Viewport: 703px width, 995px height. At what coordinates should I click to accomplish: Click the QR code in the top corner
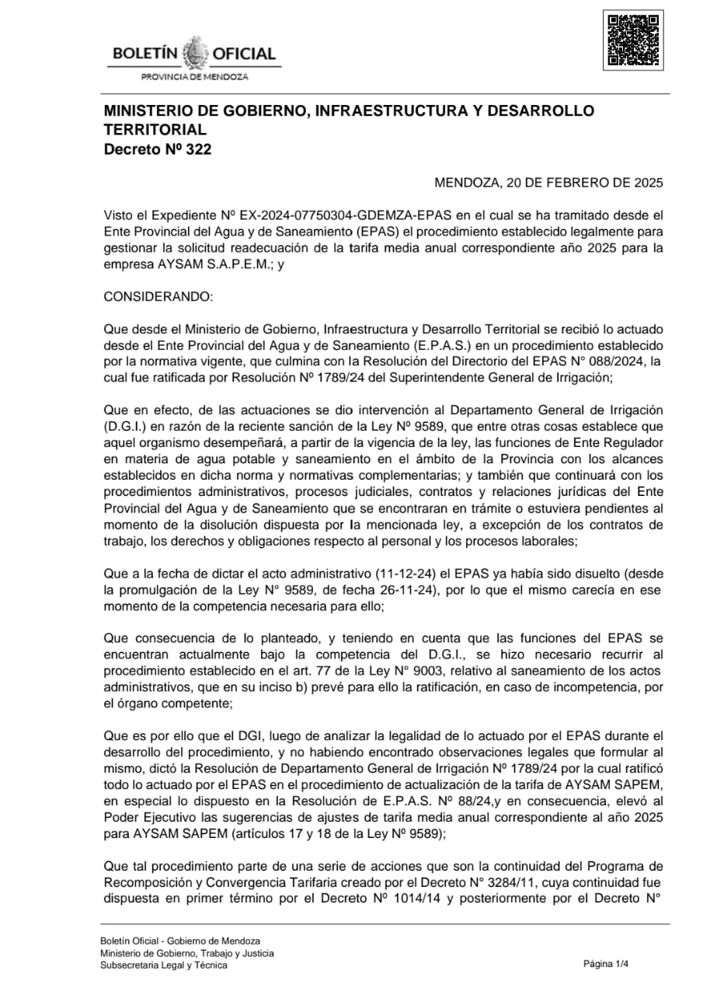[633, 40]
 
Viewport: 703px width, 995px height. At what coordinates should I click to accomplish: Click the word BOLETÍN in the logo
[145, 54]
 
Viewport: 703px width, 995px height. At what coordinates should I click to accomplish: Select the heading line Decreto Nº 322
[158, 149]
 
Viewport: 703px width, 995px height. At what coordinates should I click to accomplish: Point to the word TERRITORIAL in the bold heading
[155, 130]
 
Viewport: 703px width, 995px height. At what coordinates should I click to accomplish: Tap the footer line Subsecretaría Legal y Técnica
[164, 965]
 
